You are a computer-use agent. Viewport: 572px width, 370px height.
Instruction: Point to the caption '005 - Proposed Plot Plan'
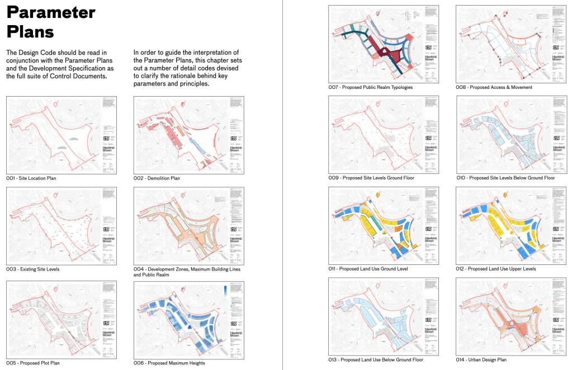[33, 363]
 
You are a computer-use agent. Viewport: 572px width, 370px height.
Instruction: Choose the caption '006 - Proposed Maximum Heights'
[169, 363]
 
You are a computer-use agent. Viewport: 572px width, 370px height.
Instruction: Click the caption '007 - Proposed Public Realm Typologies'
[370, 88]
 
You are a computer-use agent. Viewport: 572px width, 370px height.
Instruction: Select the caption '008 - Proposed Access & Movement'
[494, 88]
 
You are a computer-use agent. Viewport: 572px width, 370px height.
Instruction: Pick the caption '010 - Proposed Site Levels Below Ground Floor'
[505, 178]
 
